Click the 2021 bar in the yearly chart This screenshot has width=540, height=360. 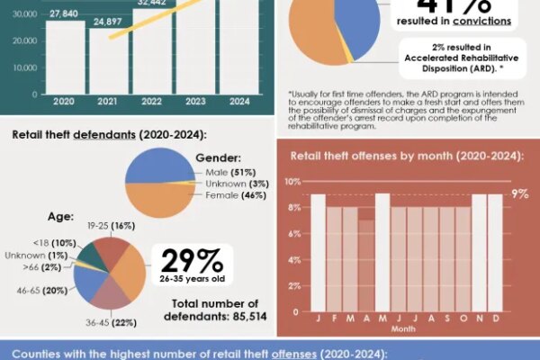(109, 61)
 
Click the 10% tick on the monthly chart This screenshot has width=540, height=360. (294, 181)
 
